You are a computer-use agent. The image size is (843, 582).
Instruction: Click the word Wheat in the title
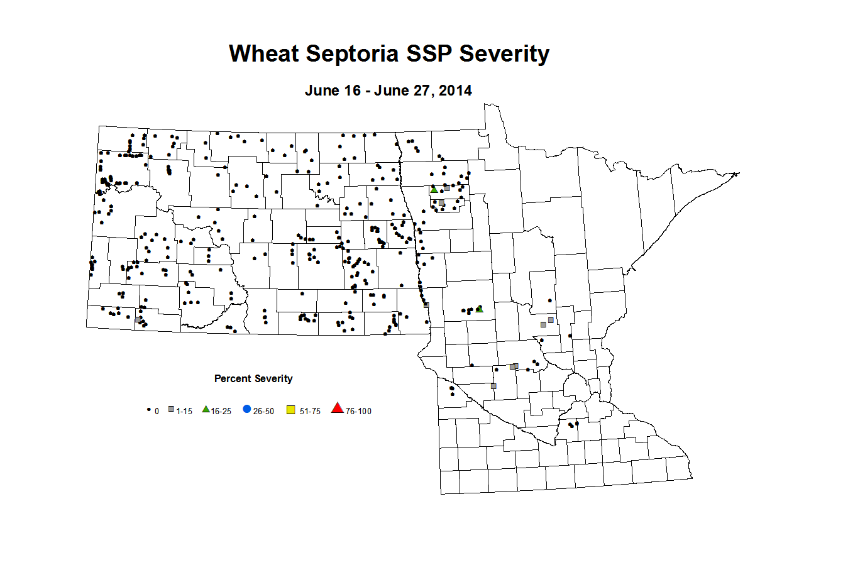click(263, 53)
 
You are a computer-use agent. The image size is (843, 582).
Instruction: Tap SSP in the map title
click(432, 53)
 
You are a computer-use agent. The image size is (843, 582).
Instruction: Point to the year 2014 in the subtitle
click(455, 91)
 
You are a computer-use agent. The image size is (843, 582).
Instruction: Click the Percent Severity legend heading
click(253, 378)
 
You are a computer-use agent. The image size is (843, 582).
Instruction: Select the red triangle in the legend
click(338, 409)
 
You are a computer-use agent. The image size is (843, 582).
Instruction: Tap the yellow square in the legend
click(290, 410)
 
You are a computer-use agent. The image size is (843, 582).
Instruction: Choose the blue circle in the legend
click(246, 409)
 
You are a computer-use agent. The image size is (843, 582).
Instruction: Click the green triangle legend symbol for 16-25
click(206, 409)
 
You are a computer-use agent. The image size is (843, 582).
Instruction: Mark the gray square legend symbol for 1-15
click(171, 410)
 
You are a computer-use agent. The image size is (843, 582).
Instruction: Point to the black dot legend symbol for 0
click(149, 410)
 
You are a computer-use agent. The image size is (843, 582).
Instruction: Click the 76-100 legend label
click(358, 412)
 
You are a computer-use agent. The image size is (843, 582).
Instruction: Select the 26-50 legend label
click(263, 412)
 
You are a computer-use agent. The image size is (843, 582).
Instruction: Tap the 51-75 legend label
click(310, 412)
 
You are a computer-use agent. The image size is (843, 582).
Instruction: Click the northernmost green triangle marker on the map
click(434, 189)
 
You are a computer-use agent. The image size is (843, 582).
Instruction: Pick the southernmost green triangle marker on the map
click(480, 309)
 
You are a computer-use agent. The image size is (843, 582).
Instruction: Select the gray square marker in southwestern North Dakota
click(138, 319)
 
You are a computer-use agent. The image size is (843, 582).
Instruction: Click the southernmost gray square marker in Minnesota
click(493, 386)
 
